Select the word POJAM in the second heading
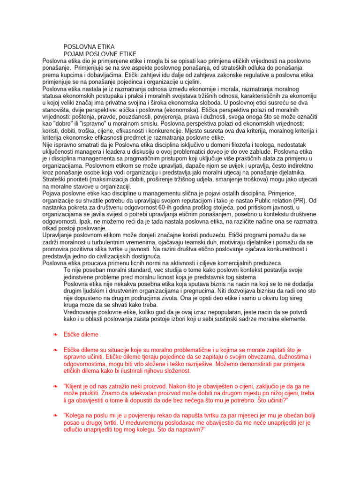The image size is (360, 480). click(75, 54)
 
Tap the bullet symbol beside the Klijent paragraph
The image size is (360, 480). click(55, 386)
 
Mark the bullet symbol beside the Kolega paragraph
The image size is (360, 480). click(55, 415)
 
